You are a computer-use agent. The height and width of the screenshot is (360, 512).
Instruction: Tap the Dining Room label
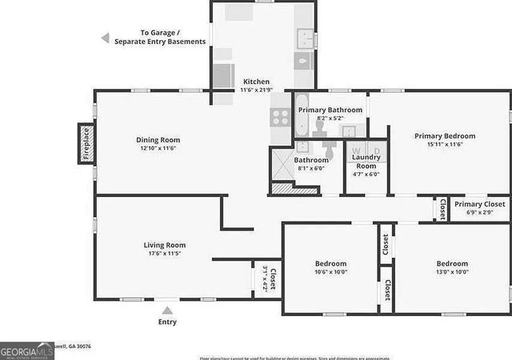(x=158, y=140)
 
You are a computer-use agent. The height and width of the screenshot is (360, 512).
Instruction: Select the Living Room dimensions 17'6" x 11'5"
(x=164, y=254)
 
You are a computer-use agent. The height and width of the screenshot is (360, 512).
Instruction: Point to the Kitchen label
(x=256, y=82)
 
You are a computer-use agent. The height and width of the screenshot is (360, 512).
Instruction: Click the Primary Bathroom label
(x=330, y=110)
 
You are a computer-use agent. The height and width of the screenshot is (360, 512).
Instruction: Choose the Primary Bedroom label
(x=445, y=136)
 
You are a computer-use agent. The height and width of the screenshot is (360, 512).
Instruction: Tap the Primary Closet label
(x=480, y=204)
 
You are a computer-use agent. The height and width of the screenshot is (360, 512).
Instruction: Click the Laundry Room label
(x=366, y=162)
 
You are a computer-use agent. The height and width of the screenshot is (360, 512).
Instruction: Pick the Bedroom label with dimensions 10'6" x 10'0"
(x=330, y=263)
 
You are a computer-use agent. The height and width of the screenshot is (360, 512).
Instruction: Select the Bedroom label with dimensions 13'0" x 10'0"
(x=452, y=263)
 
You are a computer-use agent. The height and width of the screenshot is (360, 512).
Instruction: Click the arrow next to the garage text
(x=105, y=38)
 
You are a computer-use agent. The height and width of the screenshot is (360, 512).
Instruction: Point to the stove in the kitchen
(x=280, y=118)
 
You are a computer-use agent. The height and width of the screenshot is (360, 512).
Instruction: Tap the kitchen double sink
(x=306, y=38)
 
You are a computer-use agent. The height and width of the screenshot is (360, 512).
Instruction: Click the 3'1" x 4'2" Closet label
(x=270, y=278)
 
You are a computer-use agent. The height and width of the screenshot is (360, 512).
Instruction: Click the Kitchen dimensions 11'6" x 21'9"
(x=256, y=90)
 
